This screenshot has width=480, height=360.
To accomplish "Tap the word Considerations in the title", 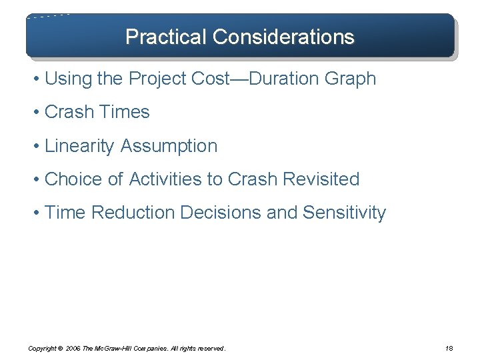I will coord(283,36).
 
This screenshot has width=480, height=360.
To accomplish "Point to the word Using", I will coord(68,79).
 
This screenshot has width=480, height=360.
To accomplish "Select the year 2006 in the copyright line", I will coord(73,348).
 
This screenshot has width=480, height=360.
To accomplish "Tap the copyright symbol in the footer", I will coord(61,348).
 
